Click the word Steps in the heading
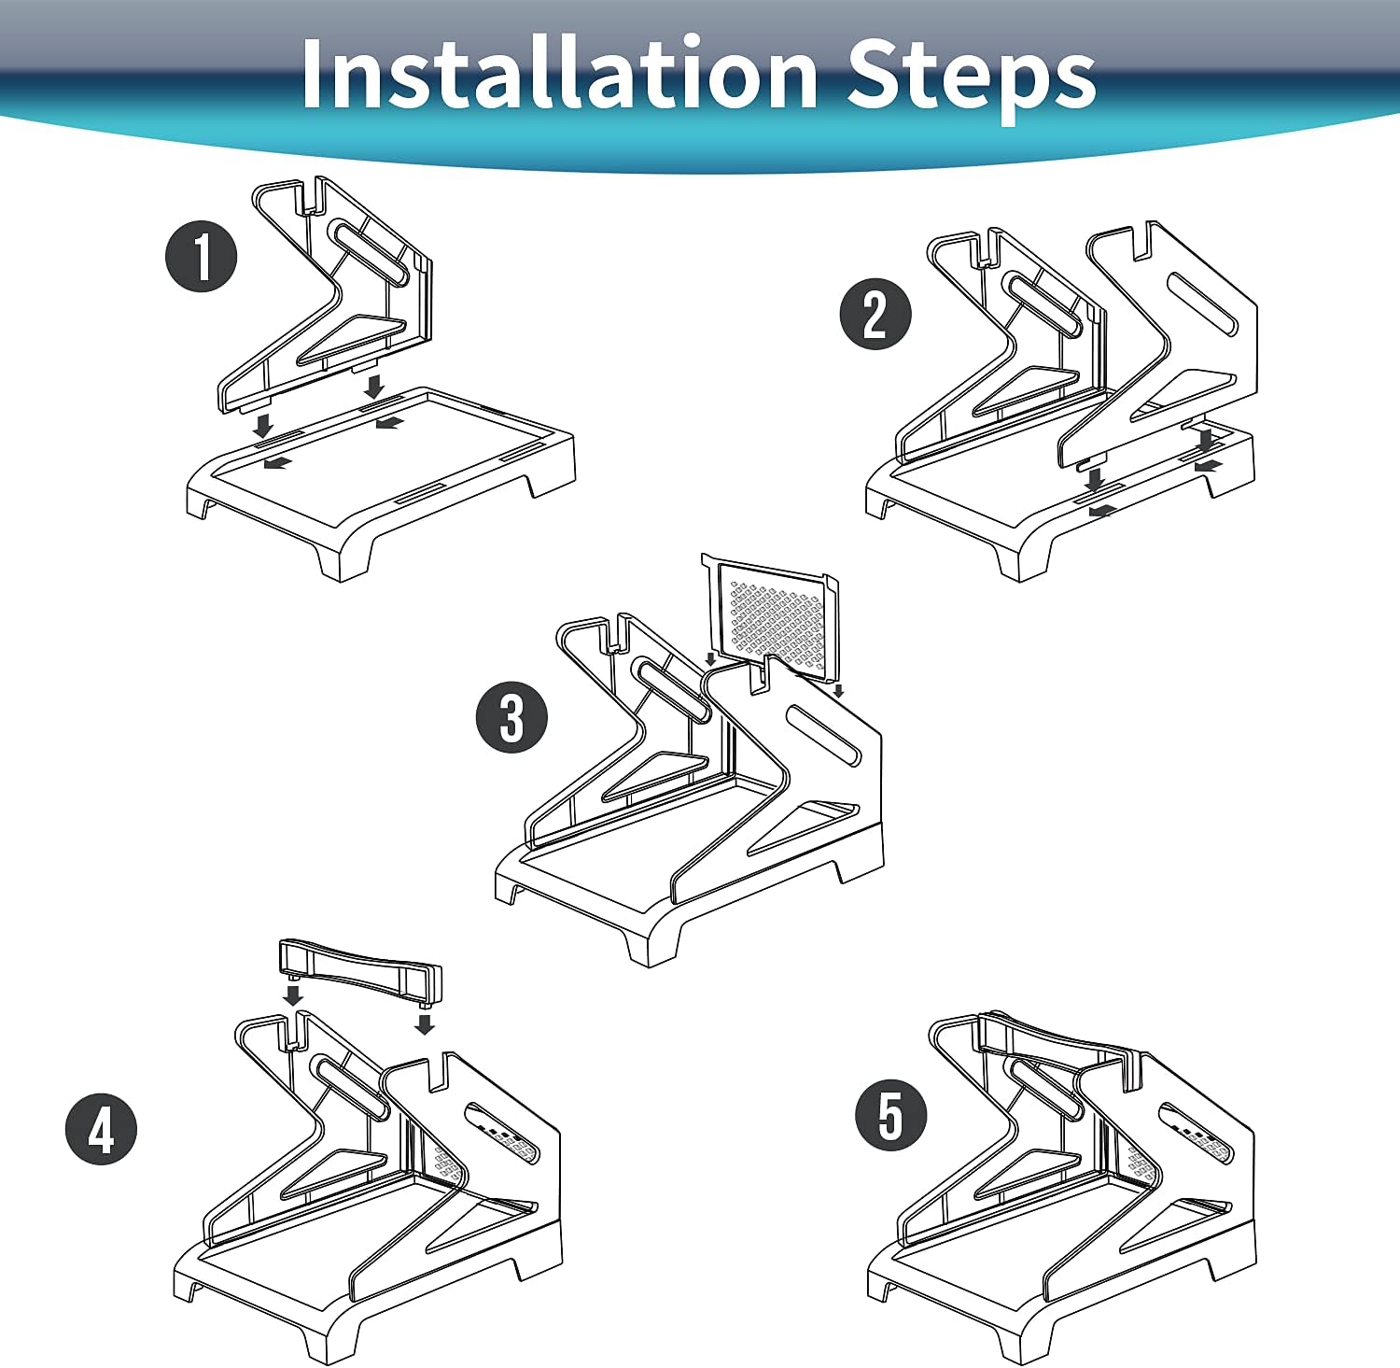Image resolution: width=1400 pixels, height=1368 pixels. pos(972,78)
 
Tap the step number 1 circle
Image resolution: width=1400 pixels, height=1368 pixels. pos(202,257)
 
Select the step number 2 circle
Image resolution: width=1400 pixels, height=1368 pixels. pos(875,314)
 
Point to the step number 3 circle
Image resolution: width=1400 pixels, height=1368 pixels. pos(511,718)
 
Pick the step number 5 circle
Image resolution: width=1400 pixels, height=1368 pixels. pos(892,1115)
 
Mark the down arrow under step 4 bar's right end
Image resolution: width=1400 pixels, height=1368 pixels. pos(425,1024)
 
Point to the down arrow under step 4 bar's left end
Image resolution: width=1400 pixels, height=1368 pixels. pos(293,995)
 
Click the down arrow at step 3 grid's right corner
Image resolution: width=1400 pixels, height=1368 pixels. pos(838,691)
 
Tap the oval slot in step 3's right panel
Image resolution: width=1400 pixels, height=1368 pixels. pos(824,736)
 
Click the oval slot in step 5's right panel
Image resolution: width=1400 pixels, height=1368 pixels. pos(1194,1133)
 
